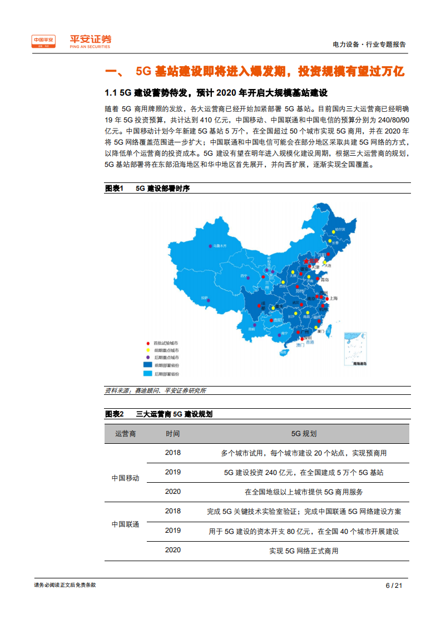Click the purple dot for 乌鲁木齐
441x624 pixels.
(210, 245)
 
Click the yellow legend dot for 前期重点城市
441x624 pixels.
(147, 350)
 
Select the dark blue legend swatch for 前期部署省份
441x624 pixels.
(148, 364)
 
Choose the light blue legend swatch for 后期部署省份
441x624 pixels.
(148, 375)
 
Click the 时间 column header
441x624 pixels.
(173, 433)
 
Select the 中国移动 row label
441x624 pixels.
(125, 478)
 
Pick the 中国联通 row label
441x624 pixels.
(125, 524)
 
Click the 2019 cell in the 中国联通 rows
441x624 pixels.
(173, 531)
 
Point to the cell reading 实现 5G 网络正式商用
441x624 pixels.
(304, 551)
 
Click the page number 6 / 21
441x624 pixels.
(394, 585)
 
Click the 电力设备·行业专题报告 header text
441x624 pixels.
(369, 44)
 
